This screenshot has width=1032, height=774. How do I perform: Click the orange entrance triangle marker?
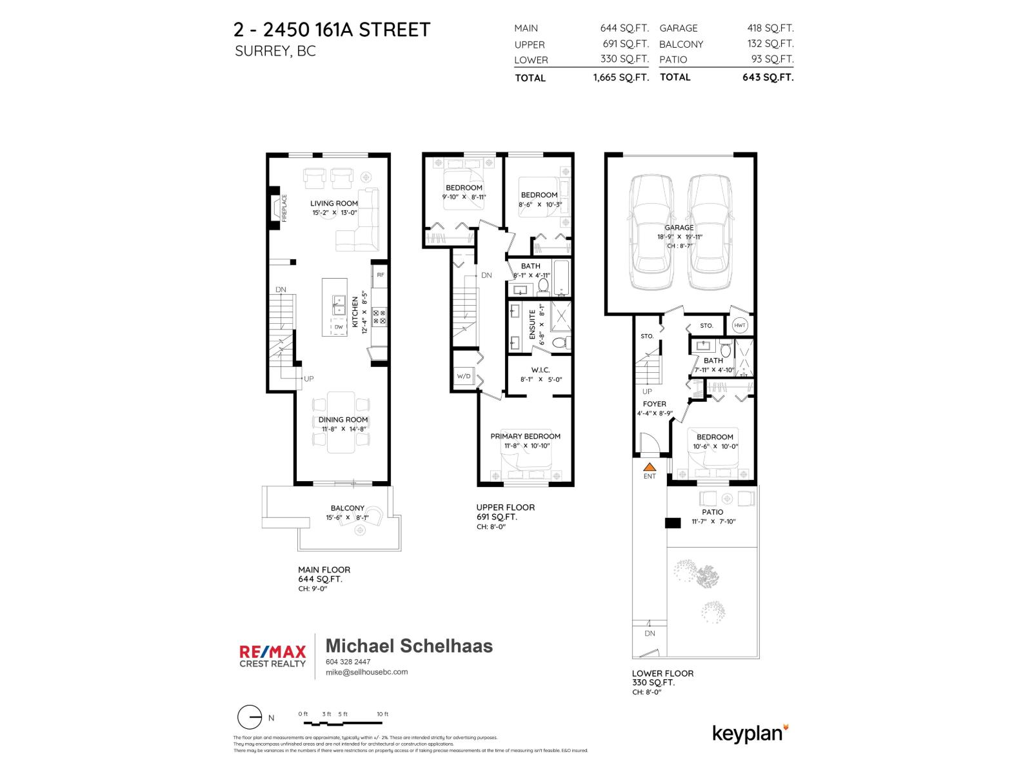click(650, 467)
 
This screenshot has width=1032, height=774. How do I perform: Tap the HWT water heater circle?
click(739, 326)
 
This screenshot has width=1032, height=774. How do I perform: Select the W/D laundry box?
click(464, 376)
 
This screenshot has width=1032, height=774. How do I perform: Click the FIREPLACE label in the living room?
click(284, 208)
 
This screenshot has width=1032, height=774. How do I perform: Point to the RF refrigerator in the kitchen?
click(380, 275)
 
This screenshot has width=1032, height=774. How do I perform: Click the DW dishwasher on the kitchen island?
click(339, 327)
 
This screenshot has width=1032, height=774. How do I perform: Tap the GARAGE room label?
click(679, 228)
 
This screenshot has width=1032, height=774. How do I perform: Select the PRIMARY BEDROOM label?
click(525, 436)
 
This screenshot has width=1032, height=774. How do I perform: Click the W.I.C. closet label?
click(540, 370)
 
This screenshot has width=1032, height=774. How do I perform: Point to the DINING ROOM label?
click(342, 419)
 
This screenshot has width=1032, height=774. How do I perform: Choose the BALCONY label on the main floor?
click(347, 508)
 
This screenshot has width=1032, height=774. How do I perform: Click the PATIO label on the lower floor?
click(713, 512)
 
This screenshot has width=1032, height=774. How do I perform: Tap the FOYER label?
click(655, 404)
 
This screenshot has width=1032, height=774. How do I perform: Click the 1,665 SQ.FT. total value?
click(620, 77)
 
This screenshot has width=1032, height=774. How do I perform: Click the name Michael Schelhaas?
click(409, 646)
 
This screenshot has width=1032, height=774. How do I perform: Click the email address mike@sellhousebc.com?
click(366, 671)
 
